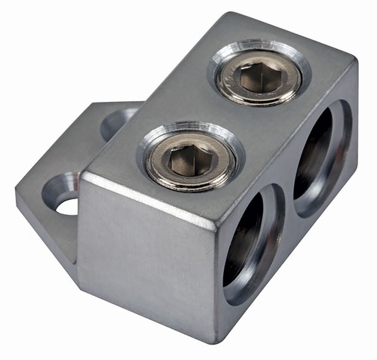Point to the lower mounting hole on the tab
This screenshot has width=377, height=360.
(63, 193)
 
